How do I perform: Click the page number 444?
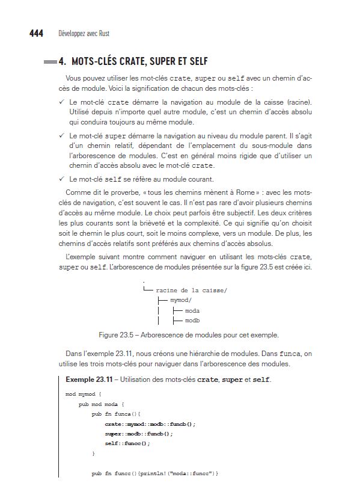(36, 34)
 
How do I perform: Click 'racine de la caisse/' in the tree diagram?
(191, 289)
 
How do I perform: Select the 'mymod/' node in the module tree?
(181, 299)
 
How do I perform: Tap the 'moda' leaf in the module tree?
(192, 310)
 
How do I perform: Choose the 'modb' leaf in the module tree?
(192, 321)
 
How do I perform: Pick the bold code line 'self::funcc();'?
(127, 443)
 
